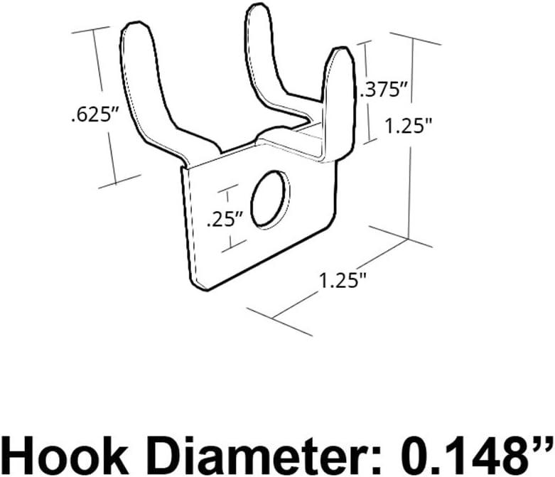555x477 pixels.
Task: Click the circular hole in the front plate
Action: (271, 199)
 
